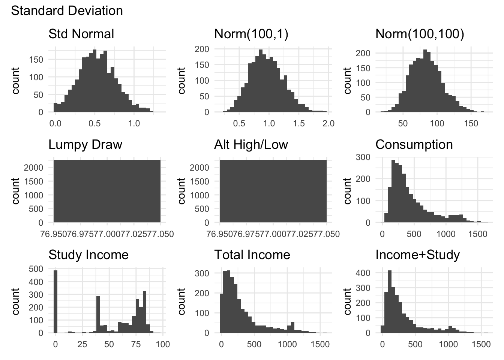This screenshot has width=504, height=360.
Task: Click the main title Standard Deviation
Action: (x=67, y=10)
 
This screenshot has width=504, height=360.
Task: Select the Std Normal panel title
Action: (x=81, y=34)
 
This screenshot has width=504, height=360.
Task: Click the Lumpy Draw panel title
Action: (x=85, y=144)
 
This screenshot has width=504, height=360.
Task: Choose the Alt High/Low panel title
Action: (x=251, y=144)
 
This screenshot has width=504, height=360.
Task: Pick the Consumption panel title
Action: (x=414, y=144)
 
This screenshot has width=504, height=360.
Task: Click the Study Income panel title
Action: (x=88, y=255)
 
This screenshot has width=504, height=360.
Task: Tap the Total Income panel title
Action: (x=252, y=255)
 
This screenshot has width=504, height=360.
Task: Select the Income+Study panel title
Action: (x=417, y=255)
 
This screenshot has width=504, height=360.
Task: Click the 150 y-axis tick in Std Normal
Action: (x=38, y=59)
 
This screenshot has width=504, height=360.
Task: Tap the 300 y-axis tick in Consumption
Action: (x=363, y=157)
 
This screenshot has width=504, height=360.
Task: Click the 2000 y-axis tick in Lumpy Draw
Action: (x=34, y=167)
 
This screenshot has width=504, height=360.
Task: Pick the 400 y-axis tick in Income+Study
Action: (x=363, y=273)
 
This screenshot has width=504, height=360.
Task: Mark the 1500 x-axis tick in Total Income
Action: (x=320, y=344)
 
